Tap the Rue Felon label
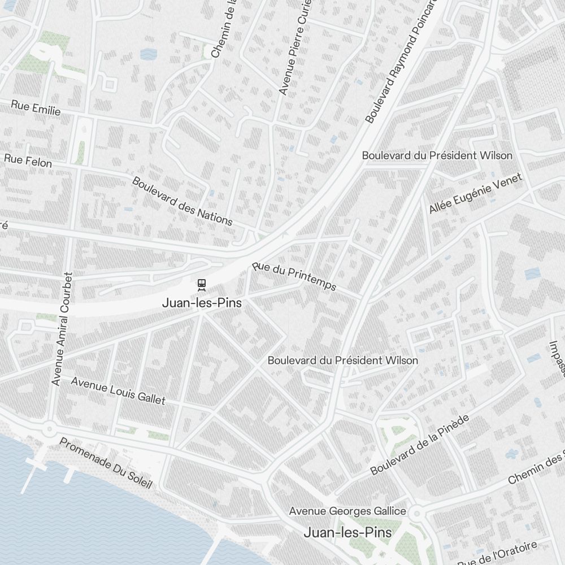28,160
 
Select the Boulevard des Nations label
182,201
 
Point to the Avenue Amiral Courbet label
62,329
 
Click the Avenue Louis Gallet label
118,391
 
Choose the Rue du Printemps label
294,276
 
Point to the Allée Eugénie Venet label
475,194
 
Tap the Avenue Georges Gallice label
347,511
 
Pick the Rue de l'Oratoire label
497,555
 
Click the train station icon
201,284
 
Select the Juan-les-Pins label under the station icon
202,303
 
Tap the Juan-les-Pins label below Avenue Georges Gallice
347,532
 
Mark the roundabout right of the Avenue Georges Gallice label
417,514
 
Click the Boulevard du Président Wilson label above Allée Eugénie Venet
437,155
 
